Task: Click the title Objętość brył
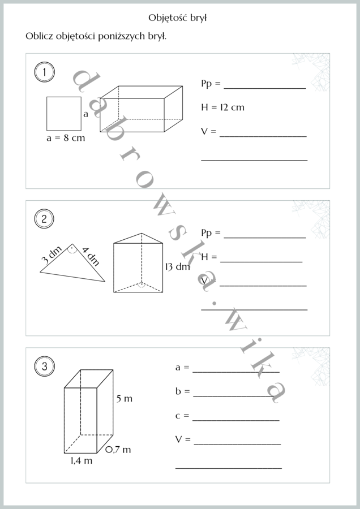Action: click(x=177, y=18)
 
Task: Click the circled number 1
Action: click(x=44, y=72)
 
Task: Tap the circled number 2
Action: click(x=44, y=219)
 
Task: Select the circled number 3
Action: click(x=44, y=366)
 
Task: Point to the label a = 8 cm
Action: click(x=66, y=138)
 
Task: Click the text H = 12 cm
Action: click(x=222, y=107)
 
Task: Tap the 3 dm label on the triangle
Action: click(x=52, y=255)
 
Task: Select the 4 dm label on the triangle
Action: click(x=91, y=256)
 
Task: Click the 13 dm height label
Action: click(x=177, y=267)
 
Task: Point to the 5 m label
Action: click(x=125, y=399)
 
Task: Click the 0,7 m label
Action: click(x=118, y=450)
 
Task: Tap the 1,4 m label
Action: click(x=82, y=460)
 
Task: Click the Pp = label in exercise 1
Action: click(x=211, y=84)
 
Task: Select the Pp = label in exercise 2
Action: click(x=211, y=233)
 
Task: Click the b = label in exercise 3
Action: click(x=183, y=391)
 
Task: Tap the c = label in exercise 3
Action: click(x=182, y=416)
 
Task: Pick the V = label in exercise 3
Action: click(x=183, y=439)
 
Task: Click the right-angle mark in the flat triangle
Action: click(x=72, y=249)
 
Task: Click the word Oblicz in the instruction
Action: click(x=39, y=36)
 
